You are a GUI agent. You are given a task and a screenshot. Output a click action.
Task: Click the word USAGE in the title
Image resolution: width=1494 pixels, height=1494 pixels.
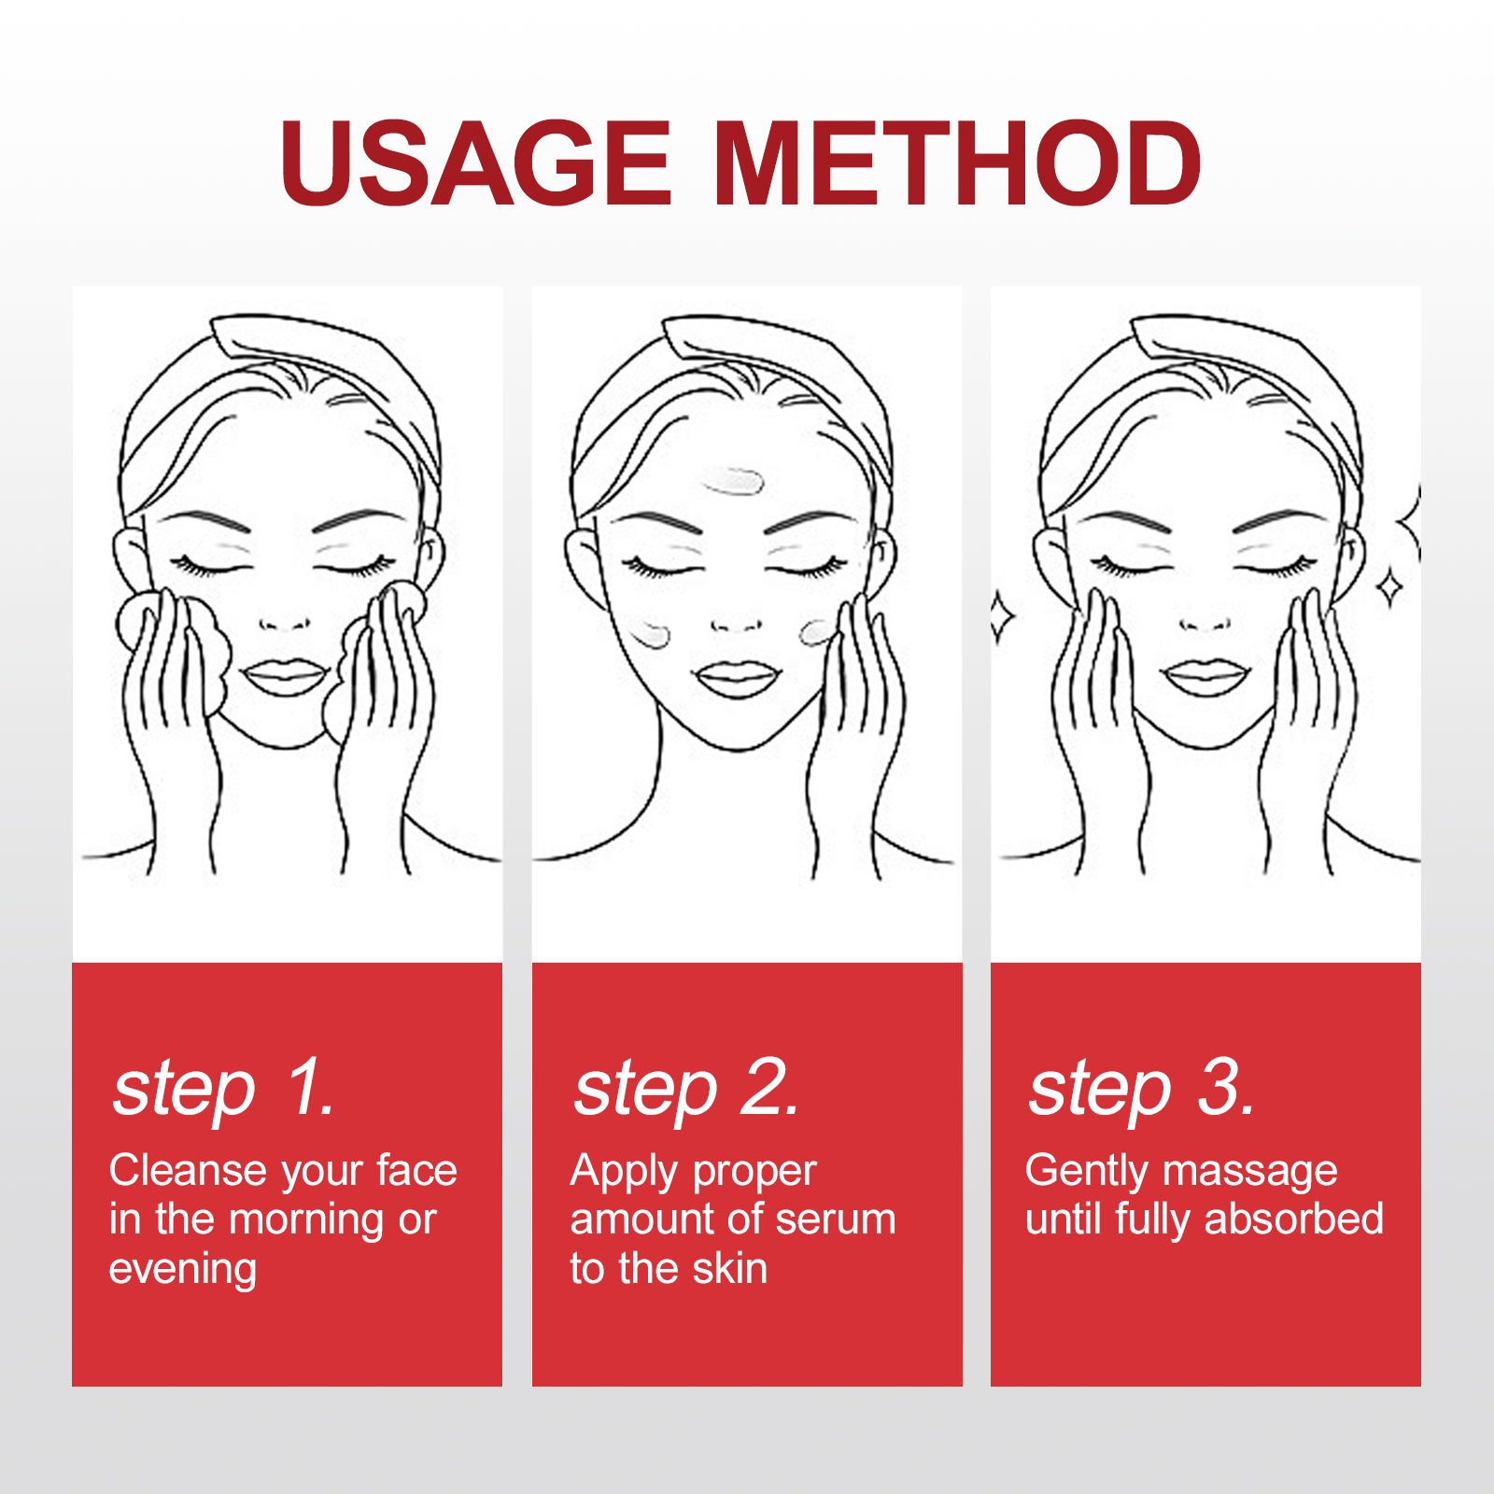[x=475, y=162]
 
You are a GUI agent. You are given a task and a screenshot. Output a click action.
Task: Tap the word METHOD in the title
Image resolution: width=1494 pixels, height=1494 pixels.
[x=959, y=162]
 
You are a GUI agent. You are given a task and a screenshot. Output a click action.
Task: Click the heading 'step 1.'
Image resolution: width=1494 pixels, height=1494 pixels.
[x=224, y=1090]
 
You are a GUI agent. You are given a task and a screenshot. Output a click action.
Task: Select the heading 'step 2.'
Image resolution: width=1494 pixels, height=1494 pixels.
[x=687, y=1090]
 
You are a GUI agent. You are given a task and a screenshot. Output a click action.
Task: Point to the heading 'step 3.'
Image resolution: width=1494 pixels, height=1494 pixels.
[x=1142, y=1090]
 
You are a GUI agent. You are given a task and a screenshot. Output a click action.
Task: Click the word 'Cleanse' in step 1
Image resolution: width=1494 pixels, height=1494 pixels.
[x=188, y=1171]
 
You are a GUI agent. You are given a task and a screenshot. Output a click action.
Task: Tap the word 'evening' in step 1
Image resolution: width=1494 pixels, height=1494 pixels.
[x=183, y=1271]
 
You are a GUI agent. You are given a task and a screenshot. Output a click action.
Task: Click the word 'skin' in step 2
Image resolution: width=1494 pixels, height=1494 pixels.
[x=730, y=1269]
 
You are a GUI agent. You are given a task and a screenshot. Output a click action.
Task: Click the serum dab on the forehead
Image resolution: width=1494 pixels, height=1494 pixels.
[x=733, y=482]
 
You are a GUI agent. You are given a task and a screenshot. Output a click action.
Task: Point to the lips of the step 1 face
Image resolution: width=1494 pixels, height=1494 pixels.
[x=285, y=678]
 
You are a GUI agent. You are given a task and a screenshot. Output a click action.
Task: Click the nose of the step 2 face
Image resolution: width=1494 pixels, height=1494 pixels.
[x=737, y=624]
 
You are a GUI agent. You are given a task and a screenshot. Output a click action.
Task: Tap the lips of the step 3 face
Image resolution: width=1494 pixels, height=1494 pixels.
[x=1207, y=677]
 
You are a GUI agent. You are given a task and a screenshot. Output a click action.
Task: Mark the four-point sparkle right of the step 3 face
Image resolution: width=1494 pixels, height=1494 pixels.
[x=1390, y=588]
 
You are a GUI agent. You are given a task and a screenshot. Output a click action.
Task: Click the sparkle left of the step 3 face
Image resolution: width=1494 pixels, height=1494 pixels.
[x=1003, y=616]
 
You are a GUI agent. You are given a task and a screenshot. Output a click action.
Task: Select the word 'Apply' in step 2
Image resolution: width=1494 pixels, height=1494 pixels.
[x=625, y=1173]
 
